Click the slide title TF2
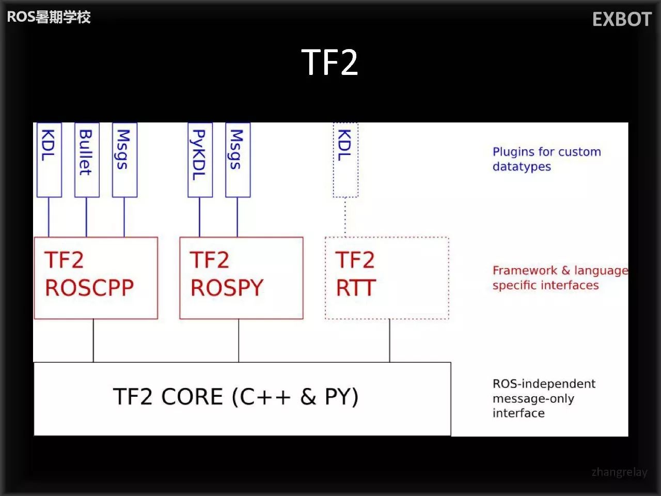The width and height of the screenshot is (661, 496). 329,63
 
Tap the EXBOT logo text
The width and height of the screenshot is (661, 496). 622,20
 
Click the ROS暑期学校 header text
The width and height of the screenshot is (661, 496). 49,17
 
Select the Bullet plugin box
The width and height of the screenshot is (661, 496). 86,159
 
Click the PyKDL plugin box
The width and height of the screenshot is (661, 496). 200,159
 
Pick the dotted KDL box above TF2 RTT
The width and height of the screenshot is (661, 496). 345,159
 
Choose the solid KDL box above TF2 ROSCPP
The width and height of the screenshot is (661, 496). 49,159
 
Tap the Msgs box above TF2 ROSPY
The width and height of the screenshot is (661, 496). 238,159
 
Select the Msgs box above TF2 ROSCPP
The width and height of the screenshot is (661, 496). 124,159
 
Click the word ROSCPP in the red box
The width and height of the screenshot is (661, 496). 89,288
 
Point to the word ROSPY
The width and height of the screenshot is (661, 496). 227,288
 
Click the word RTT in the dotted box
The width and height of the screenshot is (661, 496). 355,288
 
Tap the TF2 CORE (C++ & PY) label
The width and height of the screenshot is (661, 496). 235,397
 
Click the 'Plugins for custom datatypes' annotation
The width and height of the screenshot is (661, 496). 546,159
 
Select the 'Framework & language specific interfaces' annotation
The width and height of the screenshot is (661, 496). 559,278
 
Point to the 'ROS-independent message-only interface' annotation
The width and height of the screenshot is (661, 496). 543,398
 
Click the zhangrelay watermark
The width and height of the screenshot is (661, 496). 619,472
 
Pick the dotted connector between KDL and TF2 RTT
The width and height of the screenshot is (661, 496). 345,217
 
